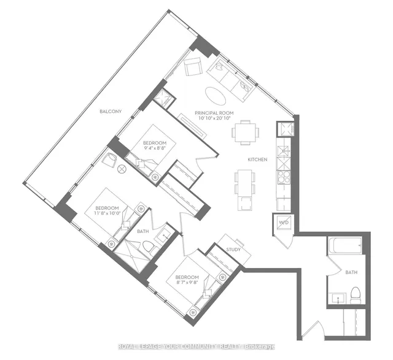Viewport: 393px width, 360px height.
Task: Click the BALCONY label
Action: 111,112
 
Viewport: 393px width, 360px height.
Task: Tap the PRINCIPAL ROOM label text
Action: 214,113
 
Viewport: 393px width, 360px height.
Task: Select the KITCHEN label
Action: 257,159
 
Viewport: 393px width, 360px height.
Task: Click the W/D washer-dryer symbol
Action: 284,222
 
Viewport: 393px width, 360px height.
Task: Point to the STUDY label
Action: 233,250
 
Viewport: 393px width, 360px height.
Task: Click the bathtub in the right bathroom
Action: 344,245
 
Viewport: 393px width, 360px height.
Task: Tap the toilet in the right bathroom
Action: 355,296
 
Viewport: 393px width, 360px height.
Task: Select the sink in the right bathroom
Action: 339,298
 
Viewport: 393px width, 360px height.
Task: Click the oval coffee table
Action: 216,96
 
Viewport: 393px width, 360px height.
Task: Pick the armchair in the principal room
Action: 193,66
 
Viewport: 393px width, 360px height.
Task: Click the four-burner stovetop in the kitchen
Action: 284,177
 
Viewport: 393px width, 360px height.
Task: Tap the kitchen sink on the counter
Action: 284,151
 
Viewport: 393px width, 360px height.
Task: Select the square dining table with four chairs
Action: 245,132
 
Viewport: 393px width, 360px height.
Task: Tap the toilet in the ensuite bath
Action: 149,247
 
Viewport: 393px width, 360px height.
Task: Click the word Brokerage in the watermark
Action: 260,347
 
